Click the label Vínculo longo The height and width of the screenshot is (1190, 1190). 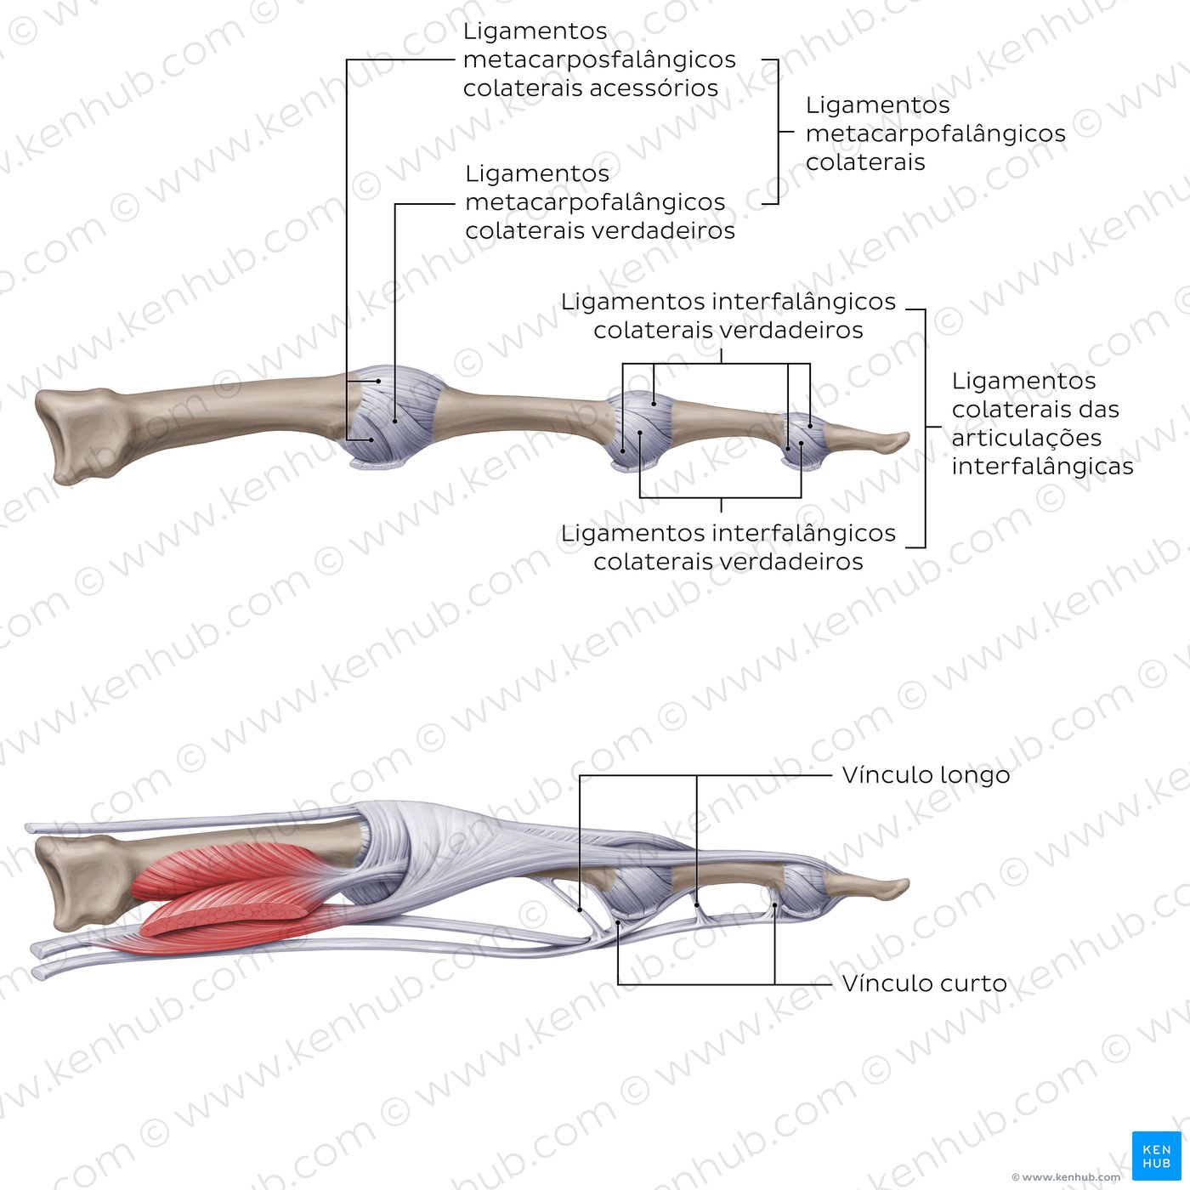click(926, 776)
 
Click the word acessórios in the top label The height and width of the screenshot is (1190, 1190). click(654, 88)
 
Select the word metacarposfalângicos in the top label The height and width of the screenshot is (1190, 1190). click(599, 59)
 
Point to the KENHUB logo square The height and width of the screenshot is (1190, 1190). click(1157, 1156)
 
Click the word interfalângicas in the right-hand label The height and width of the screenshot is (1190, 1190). click(1042, 467)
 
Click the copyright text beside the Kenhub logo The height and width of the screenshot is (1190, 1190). click(1066, 1177)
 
